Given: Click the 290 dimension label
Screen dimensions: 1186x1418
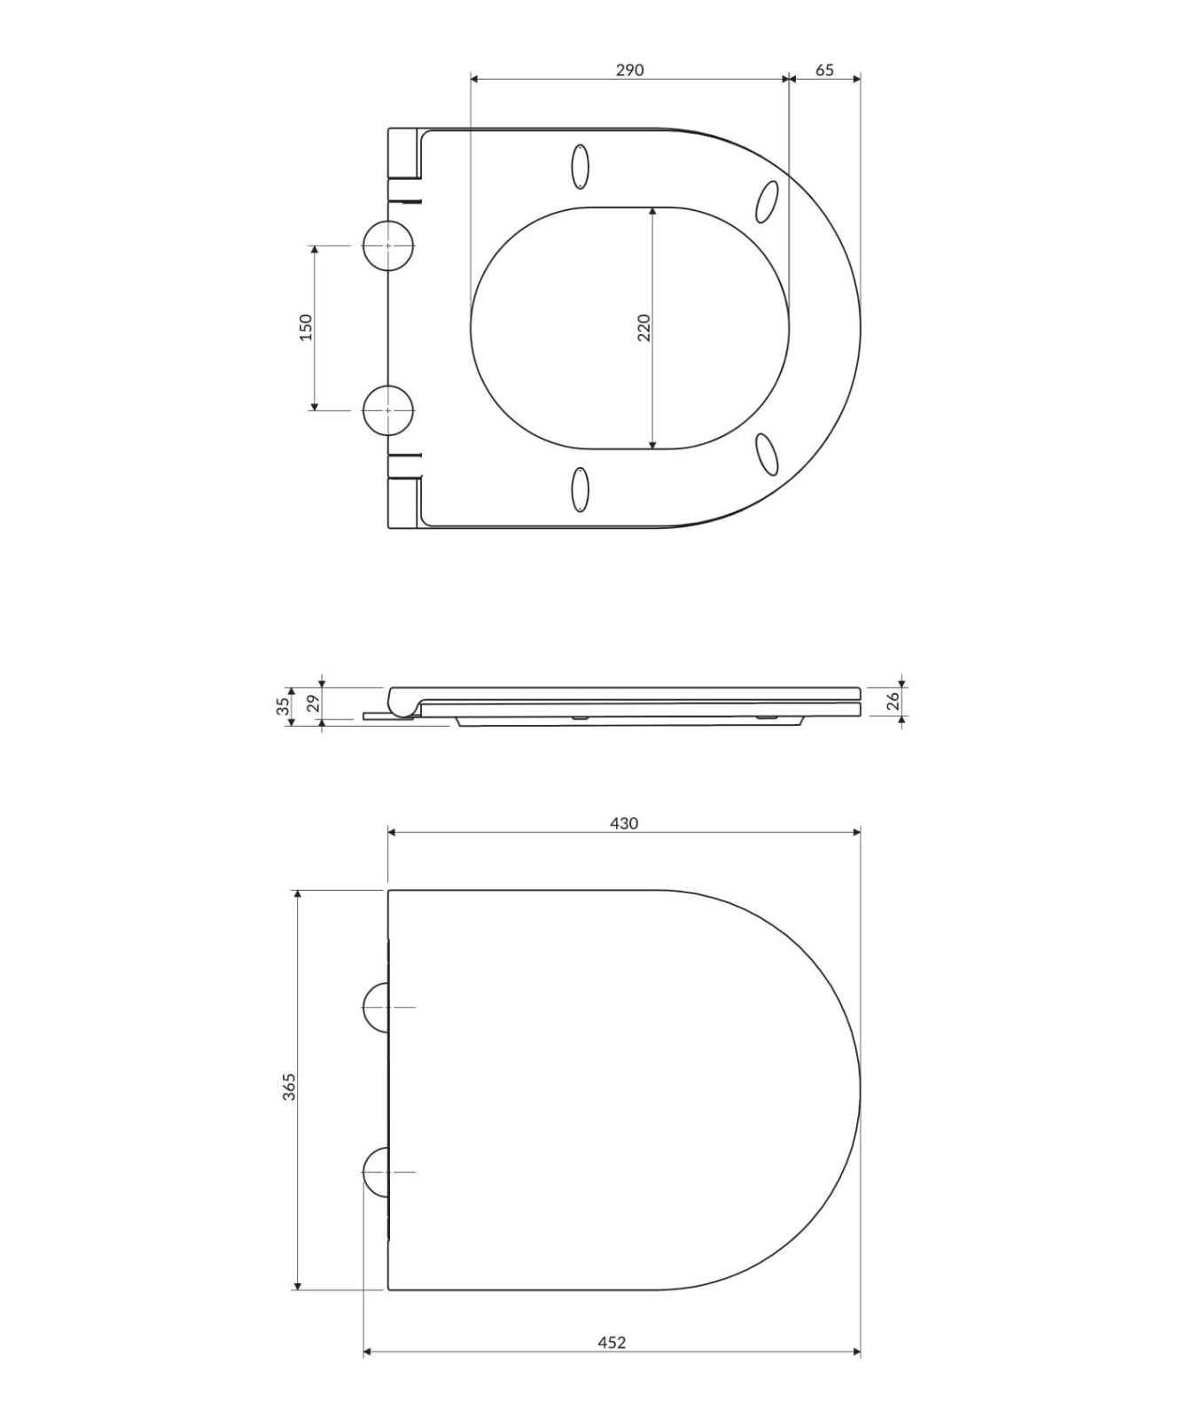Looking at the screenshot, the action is pos(629,70).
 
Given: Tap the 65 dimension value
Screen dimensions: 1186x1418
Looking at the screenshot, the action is pos(824,70).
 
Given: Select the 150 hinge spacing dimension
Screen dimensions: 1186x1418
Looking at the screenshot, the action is pos(306,327).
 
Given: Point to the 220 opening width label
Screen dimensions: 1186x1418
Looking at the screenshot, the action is pos(644,327).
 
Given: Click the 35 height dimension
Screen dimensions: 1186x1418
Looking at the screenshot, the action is pos(283,706).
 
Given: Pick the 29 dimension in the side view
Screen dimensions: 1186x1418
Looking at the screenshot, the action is pos(311,705).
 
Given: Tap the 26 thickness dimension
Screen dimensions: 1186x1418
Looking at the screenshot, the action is pos(893,701).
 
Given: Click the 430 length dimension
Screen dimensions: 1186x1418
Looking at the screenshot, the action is pos(624,823).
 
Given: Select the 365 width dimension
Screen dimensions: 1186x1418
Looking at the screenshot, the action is pos(289,1087).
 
